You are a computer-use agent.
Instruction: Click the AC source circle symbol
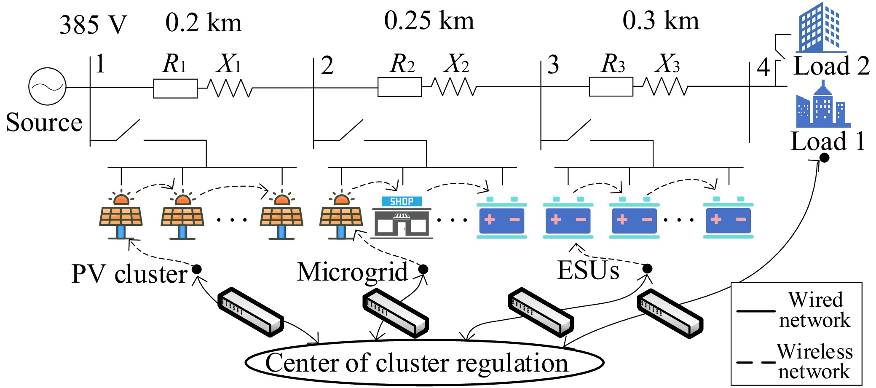pyautogui.click(x=47, y=86)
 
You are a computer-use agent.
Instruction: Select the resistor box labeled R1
pyautogui.click(x=175, y=88)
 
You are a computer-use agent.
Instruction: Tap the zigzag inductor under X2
pyautogui.click(x=454, y=87)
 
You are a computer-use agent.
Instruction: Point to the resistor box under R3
pyautogui.click(x=611, y=87)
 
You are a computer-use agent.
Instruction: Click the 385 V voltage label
pyautogui.click(x=93, y=25)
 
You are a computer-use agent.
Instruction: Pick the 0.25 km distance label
pyautogui.click(x=429, y=21)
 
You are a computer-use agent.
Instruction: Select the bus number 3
pyautogui.click(x=553, y=65)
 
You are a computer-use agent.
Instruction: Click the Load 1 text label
pyautogui.click(x=828, y=141)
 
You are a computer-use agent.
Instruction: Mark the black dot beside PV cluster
pyautogui.click(x=197, y=269)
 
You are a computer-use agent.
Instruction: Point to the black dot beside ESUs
pyautogui.click(x=648, y=268)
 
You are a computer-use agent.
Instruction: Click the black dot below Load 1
pyautogui.click(x=825, y=158)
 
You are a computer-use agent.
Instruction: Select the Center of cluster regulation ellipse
pyautogui.click(x=424, y=363)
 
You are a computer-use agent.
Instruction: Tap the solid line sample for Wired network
pyautogui.click(x=756, y=311)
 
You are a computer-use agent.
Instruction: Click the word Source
pyautogui.click(x=44, y=123)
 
